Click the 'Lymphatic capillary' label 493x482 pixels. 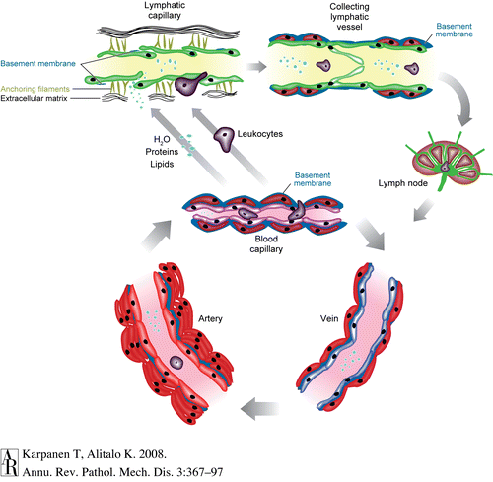pos(165,10)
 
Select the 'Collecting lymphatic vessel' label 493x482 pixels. pos(349,17)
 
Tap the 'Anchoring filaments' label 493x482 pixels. pos(35,89)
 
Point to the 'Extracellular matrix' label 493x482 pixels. pos(34,98)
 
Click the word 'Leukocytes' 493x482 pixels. pos(260,134)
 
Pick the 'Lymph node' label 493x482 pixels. pos(402,183)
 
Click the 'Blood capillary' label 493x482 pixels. pos(266,244)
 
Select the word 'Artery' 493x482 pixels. pos(210,318)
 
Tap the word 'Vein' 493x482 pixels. pos(329,318)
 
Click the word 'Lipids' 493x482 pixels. pos(162,164)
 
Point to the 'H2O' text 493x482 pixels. pos(162,140)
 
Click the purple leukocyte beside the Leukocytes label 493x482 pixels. pos(224,139)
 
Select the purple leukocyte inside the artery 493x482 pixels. pos(176,362)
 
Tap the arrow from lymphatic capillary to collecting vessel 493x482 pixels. pos(256,67)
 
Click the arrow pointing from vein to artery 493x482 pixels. pos(259,409)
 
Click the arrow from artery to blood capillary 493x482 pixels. pos(157,236)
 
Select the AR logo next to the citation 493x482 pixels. pos(9,462)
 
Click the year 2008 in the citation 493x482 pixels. pos(153,454)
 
